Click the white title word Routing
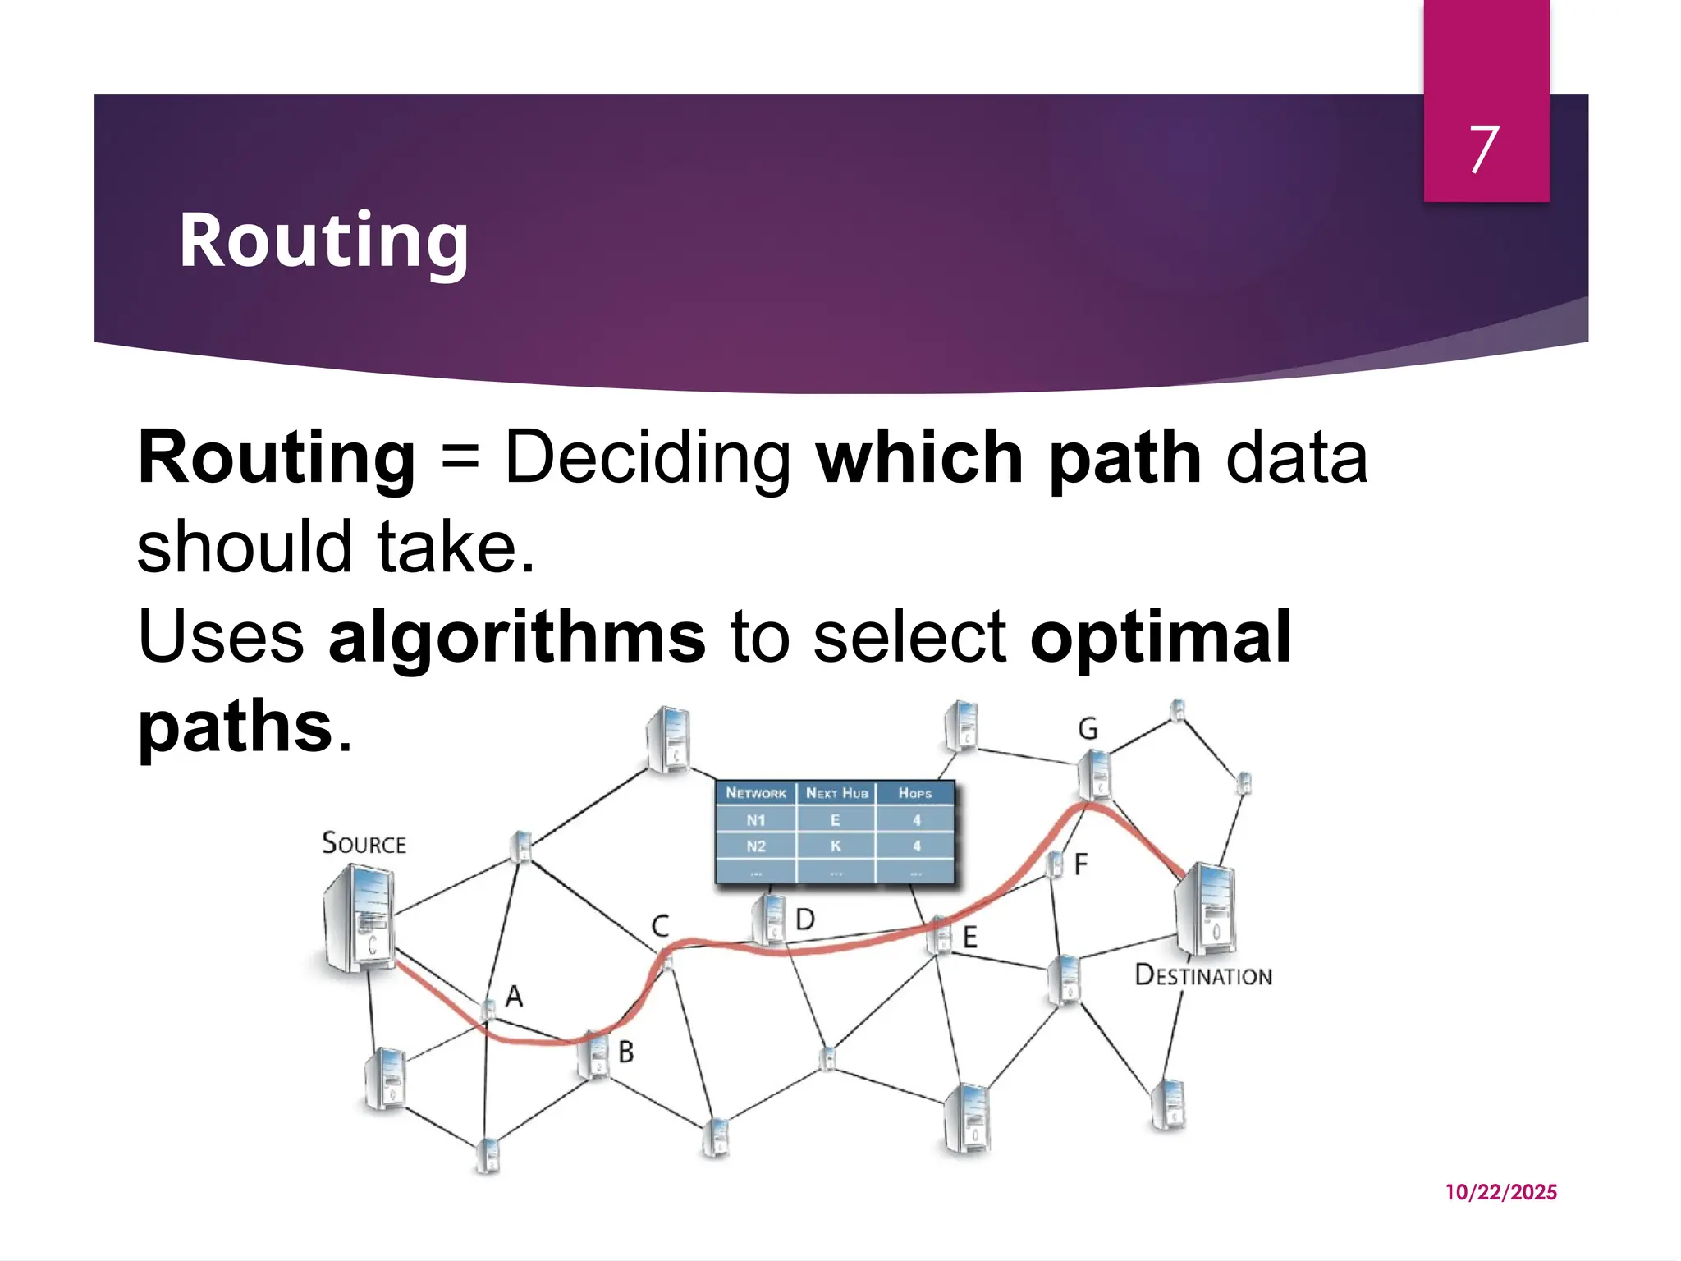pyautogui.click(x=323, y=241)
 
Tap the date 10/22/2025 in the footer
pyautogui.click(x=1500, y=1192)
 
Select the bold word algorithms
pyautogui.click(x=516, y=636)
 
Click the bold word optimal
pyautogui.click(x=1160, y=636)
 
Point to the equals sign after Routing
pyautogui.click(x=460, y=458)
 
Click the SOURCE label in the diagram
pyautogui.click(x=364, y=843)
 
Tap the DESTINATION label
pyautogui.click(x=1202, y=975)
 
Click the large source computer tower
pyautogui.click(x=359, y=919)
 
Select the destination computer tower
pyautogui.click(x=1205, y=910)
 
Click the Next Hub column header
pyautogui.click(x=836, y=793)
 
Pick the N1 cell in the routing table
pyautogui.click(x=755, y=820)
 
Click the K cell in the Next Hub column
pyautogui.click(x=836, y=846)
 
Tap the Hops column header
pyautogui.click(x=914, y=793)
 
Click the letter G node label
pyautogui.click(x=1088, y=729)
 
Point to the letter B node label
pyautogui.click(x=625, y=1052)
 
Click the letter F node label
pyautogui.click(x=1081, y=864)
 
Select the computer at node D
pyautogui.click(x=770, y=919)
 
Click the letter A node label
pyautogui.click(x=514, y=996)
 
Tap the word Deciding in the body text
pyautogui.click(x=648, y=458)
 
